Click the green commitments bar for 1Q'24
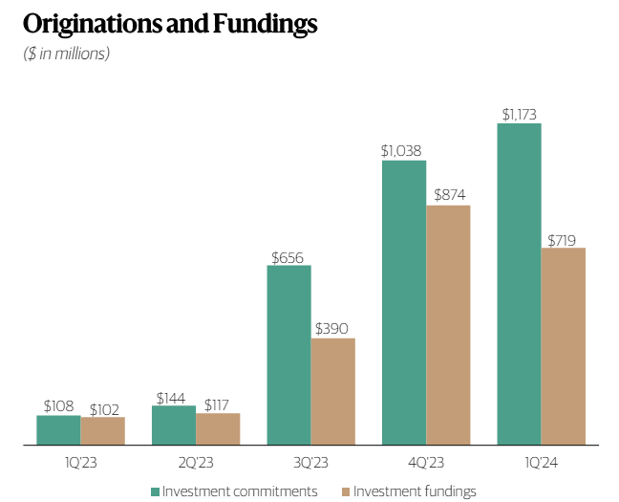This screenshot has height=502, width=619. [x=519, y=284]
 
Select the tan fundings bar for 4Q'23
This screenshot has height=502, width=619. [x=448, y=325]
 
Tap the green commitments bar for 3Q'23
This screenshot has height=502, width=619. [x=288, y=355]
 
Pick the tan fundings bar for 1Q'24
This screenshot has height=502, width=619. [x=564, y=346]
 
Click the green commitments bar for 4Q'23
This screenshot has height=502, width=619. [x=404, y=302]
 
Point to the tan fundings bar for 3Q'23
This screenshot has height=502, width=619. [x=332, y=391]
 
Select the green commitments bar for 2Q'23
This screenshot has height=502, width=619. [x=173, y=426]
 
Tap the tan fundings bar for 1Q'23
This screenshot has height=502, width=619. [x=102, y=431]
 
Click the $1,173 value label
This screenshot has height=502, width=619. [x=519, y=114]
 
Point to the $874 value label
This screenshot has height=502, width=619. [x=449, y=195]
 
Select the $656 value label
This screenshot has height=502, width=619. [x=289, y=256]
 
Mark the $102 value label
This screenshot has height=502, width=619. [x=102, y=409]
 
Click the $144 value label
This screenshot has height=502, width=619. [x=173, y=397]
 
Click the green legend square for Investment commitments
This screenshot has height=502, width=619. [x=156, y=491]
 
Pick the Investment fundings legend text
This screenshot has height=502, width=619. [x=415, y=491]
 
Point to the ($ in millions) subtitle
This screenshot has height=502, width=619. [x=67, y=54]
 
